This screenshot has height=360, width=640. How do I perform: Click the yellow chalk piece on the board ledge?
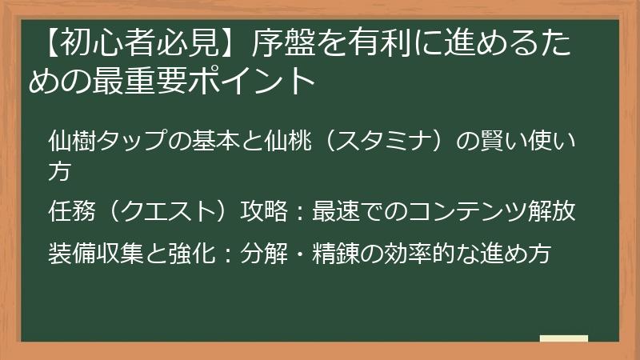[x=563, y=338]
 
